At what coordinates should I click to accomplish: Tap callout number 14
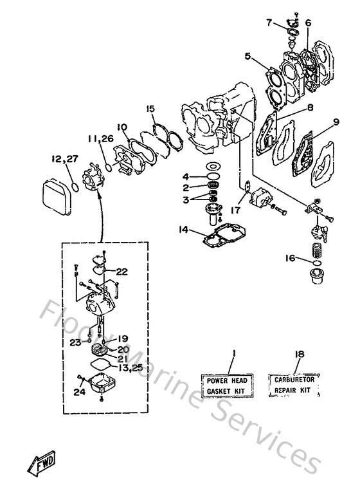184,228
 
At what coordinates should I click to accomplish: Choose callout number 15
150,109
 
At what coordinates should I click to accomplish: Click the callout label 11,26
98,138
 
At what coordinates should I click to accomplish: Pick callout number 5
247,56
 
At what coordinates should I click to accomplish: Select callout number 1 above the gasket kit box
234,353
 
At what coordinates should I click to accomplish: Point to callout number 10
122,127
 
